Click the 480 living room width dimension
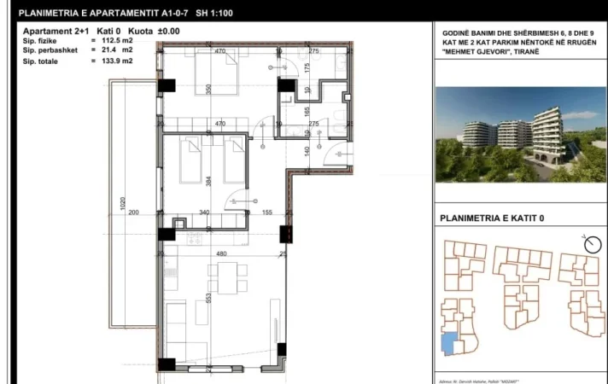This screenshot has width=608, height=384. pyautogui.click(x=219, y=253)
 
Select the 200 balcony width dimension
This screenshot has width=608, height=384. pyautogui.click(x=133, y=212)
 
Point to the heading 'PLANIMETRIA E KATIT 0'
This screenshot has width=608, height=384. pyautogui.click(x=491, y=218)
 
